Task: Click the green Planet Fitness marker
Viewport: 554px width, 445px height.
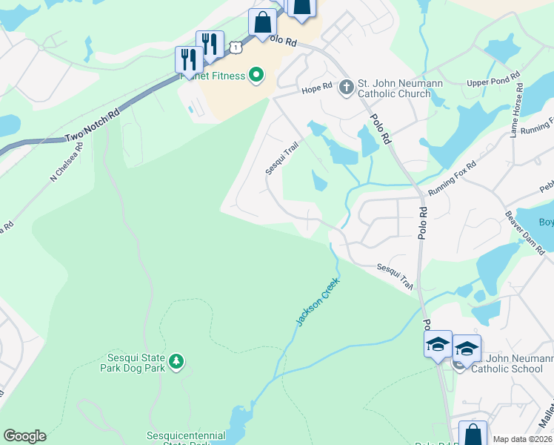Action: pos(257,75)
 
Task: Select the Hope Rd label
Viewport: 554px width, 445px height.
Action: pos(316,90)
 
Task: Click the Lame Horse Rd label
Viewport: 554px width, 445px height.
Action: pos(519,111)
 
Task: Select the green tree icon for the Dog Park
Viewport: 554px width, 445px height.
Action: pos(176,361)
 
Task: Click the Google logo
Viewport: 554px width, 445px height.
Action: pos(24,436)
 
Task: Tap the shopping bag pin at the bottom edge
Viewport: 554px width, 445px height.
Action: pos(472,435)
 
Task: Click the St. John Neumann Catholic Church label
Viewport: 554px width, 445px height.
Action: pos(400,88)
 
